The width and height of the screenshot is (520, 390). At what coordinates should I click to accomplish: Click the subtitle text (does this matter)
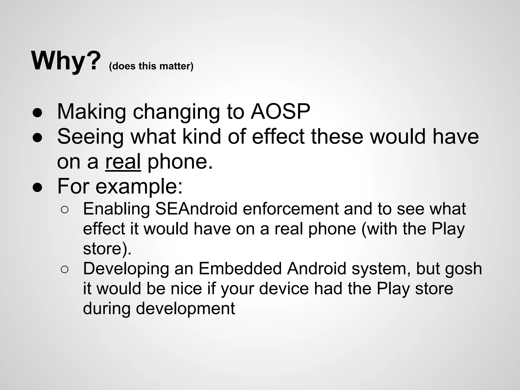coord(151,66)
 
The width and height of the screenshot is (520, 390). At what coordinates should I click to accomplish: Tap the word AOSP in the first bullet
coord(280,111)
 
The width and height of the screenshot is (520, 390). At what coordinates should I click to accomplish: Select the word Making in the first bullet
coord(91,112)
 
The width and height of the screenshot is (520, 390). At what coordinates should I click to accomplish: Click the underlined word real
coord(123,161)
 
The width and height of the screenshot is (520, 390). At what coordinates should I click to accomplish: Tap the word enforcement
coord(291,209)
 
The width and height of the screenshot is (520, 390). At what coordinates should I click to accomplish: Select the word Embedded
coord(240,269)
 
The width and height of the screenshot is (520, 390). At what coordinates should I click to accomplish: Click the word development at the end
coord(185,309)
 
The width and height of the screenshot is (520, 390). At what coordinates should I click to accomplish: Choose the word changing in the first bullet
coord(176,112)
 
